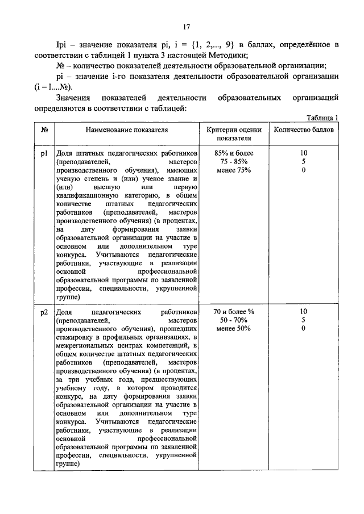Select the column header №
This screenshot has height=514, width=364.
[44, 129]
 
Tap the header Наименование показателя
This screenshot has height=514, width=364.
[127, 129]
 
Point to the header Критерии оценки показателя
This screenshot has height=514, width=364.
[234, 133]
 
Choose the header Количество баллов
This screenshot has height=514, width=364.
[304, 129]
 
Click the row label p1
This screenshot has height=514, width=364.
[44, 153]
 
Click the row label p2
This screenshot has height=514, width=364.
[44, 312]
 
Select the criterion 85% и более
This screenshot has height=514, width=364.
[234, 153]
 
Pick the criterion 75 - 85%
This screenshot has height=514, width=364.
[234, 161]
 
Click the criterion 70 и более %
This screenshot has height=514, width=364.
[234, 312]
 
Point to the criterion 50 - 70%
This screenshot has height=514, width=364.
[234, 320]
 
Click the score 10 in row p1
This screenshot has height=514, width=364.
[304, 153]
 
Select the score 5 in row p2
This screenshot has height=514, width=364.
[304, 320]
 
